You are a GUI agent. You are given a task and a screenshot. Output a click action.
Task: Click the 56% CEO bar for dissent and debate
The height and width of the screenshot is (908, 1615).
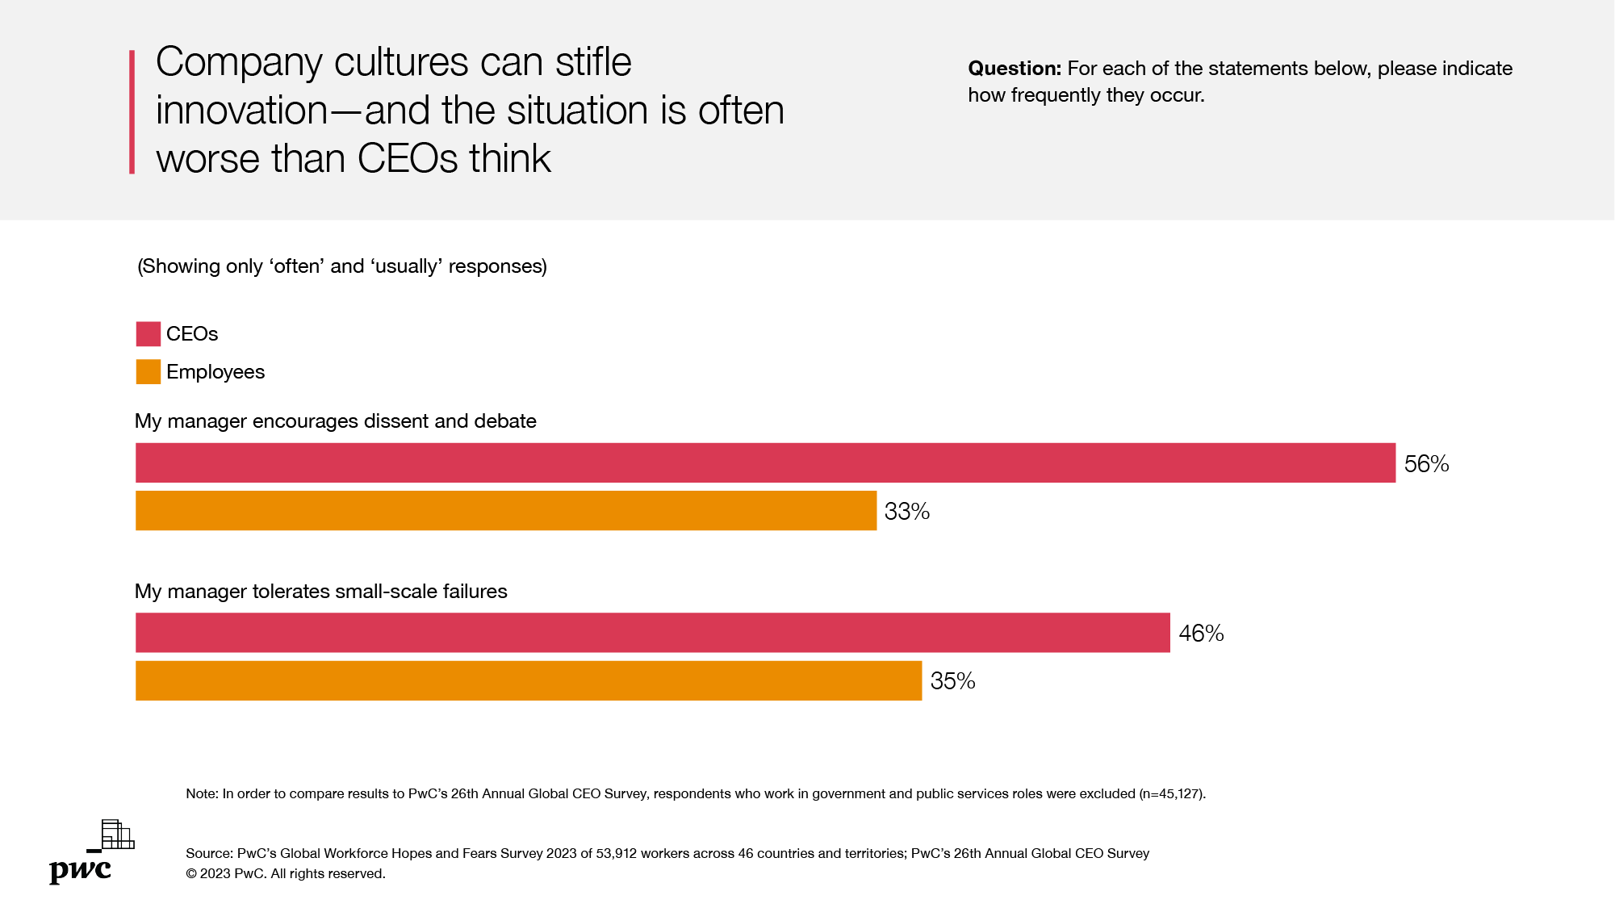click(765, 462)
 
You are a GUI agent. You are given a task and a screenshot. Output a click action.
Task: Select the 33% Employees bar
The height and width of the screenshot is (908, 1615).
click(506, 510)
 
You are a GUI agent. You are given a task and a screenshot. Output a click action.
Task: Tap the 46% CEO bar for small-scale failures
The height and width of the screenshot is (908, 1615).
click(652, 633)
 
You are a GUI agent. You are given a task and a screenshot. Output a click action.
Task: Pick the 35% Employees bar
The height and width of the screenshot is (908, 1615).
click(529, 680)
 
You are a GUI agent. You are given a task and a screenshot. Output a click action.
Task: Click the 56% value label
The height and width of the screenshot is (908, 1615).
click(1426, 464)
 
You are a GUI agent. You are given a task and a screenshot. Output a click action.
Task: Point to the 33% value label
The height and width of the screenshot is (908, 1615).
click(907, 512)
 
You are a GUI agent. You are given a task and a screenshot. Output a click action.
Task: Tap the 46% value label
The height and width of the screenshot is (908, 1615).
click(1201, 634)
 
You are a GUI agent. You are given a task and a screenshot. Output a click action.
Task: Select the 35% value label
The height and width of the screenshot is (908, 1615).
click(952, 681)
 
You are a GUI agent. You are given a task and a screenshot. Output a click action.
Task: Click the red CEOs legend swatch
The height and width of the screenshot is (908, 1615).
click(149, 333)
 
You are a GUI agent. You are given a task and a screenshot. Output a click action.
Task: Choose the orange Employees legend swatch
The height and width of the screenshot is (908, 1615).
click(149, 371)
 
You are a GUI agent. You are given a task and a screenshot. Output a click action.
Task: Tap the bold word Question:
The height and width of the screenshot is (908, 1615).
click(1015, 69)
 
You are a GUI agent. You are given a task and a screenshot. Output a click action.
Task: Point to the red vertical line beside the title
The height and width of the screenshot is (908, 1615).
click(132, 111)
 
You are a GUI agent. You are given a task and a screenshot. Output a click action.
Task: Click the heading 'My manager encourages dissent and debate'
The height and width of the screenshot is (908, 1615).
click(335, 421)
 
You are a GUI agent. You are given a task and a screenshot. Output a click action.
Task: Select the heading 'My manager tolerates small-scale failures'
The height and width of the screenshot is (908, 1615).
click(320, 592)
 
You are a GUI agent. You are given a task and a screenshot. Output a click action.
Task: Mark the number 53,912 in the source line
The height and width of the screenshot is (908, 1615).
click(616, 854)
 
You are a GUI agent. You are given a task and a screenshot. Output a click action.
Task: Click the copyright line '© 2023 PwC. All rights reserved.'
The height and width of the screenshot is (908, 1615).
click(286, 874)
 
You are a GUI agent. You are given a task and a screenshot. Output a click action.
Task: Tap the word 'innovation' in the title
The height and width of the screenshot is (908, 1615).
click(241, 111)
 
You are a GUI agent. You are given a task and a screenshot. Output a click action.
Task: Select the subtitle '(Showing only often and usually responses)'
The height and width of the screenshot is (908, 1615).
click(342, 266)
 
